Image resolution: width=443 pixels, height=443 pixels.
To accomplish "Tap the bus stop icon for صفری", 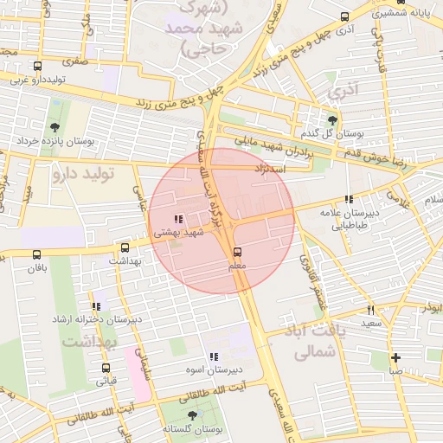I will tap(36, 66).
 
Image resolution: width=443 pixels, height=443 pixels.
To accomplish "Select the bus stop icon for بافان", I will tap(36, 254).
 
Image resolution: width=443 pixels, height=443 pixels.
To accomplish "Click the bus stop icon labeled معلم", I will tap(237, 252).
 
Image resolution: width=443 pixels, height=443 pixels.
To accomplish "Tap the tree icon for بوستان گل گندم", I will tap(333, 120).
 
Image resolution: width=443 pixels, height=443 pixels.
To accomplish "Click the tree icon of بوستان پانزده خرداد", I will tap(56, 127).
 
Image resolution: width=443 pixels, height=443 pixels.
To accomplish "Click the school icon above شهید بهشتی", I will tap(178, 220).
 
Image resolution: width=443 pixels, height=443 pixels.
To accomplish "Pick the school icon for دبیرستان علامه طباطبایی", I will tap(349, 200).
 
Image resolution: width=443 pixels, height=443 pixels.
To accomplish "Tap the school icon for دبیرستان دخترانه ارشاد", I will tap(96, 306).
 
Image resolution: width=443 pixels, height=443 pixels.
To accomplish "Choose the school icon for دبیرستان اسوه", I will tap(213, 356).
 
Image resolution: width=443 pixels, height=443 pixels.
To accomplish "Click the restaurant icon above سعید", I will tap(371, 309).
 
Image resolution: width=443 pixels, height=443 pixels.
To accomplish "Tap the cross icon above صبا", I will tap(395, 357).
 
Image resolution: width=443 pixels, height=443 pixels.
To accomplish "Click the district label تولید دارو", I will tap(83, 174).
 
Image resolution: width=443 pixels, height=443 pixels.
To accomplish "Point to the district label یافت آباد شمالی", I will tap(309, 341).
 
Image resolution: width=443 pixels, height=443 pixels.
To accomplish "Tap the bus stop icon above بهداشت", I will tap(125, 247).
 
